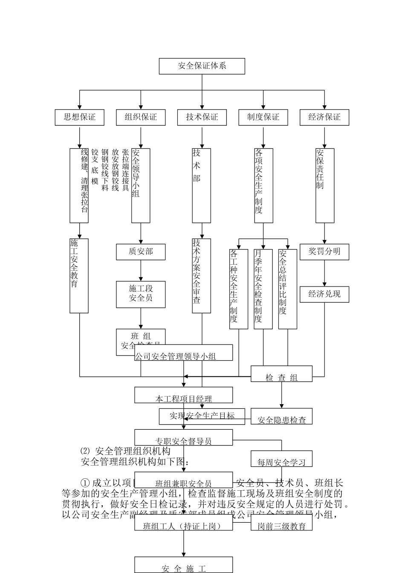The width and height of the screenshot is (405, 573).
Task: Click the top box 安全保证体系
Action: tap(202, 66)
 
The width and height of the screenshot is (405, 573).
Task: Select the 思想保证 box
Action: tap(79, 117)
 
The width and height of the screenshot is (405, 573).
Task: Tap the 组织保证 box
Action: tap(141, 117)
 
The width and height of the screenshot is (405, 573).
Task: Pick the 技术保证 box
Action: tap(202, 117)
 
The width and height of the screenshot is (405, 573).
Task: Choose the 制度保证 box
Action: tap(263, 117)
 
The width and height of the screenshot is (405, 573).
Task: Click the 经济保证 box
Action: tap(324, 117)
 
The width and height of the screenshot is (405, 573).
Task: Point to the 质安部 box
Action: tap(141, 252)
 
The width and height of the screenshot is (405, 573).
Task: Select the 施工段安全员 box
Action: tap(141, 294)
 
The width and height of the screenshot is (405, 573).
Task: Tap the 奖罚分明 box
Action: tap(324, 252)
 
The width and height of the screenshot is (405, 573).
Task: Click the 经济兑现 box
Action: tap(324, 294)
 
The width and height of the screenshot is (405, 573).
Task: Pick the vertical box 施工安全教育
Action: tap(79, 275)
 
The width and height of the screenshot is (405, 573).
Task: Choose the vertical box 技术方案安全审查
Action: tap(201, 275)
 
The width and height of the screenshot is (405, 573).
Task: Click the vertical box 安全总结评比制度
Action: tap(287, 289)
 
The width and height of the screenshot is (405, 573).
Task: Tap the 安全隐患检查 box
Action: tap(281, 417)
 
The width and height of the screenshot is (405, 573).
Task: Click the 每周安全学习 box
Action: tap(281, 459)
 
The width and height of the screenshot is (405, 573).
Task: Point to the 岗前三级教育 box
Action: tap(281, 523)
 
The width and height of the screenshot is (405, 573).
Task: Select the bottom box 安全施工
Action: tap(184, 565)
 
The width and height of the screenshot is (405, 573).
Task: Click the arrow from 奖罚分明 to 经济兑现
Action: tap(324, 273)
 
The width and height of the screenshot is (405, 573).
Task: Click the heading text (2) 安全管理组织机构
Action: tap(125, 451)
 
